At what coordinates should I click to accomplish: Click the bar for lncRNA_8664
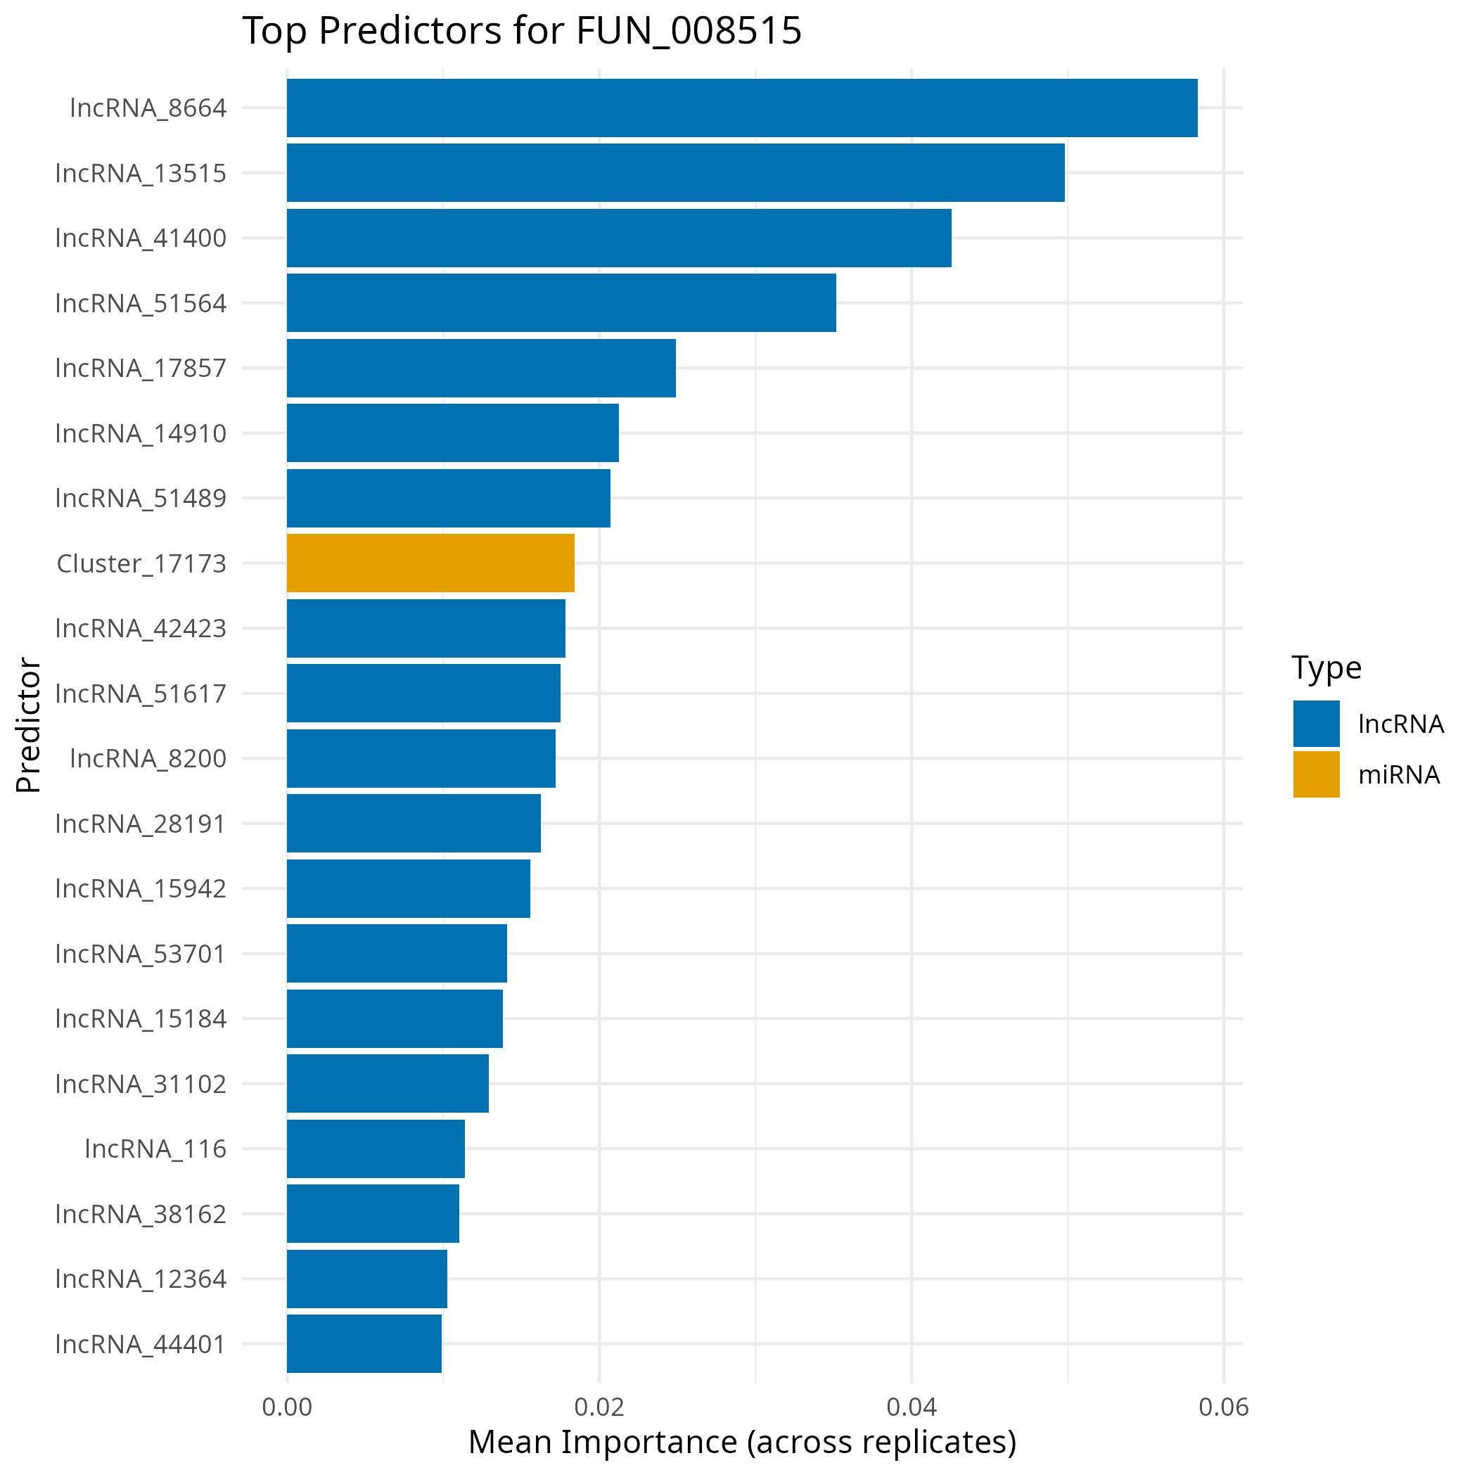(741, 108)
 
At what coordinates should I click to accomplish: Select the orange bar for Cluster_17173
(430, 563)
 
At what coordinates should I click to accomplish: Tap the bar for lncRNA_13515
(676, 173)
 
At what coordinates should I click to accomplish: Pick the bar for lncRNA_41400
(619, 238)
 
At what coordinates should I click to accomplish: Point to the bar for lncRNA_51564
(561, 302)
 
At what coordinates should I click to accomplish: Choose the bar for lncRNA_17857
(481, 368)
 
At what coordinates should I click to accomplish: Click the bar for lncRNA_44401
(364, 1343)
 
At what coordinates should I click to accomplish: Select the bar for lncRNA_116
(376, 1149)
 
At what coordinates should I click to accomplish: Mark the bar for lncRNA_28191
(414, 824)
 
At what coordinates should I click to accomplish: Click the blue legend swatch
(1317, 723)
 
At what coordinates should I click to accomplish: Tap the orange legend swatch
(1317, 774)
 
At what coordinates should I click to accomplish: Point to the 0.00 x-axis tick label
(287, 1407)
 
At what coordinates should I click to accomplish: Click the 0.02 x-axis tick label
(599, 1407)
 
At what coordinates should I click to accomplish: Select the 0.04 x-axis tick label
(912, 1407)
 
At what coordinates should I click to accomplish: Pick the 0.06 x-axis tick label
(1223, 1407)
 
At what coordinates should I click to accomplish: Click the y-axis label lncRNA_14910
(141, 433)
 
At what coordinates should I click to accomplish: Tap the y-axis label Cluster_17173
(141, 563)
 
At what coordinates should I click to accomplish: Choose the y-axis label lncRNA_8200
(148, 758)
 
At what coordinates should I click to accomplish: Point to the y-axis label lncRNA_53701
(141, 953)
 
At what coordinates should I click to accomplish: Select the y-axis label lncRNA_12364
(141, 1278)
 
